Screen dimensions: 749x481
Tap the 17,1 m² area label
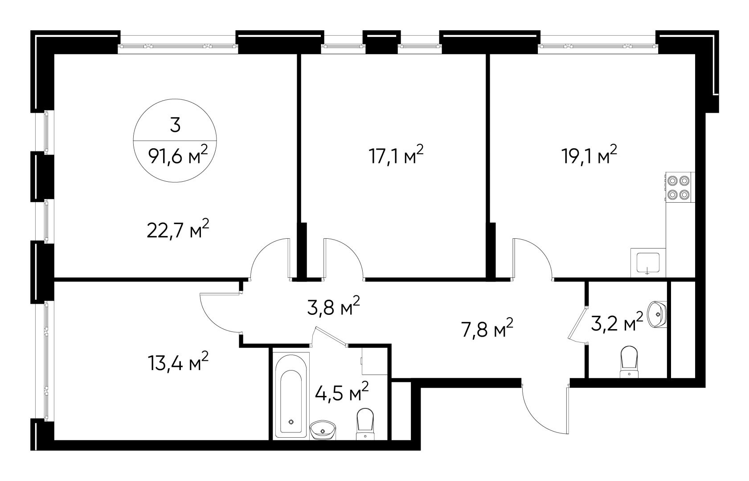pos(396,155)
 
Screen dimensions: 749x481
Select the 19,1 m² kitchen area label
pos(589,155)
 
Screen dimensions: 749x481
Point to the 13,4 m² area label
pos(178,361)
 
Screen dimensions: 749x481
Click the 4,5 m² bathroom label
pos(342,392)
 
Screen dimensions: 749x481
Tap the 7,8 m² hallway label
pos(487,328)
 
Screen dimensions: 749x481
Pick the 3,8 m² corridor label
pos(333,306)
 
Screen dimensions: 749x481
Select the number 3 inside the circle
pos(175,125)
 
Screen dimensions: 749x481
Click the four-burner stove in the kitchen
pos(680,187)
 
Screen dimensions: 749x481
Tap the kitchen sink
pos(648,263)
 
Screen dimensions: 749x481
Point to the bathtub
pos(291,396)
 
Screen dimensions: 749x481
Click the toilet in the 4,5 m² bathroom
pos(365,424)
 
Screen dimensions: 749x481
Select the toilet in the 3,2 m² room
pos(629,363)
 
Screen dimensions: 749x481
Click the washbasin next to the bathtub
pos(323,430)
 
